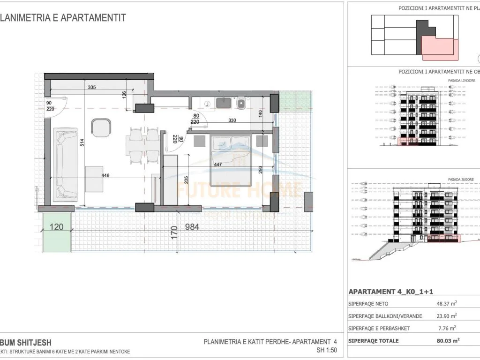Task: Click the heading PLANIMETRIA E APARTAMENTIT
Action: pyautogui.click(x=63, y=18)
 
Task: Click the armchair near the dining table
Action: pyautogui.click(x=101, y=127)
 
